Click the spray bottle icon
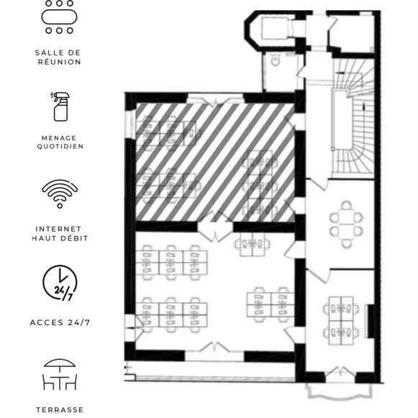[x=60, y=106]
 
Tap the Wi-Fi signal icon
[x=60, y=194]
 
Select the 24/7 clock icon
[x=60, y=283]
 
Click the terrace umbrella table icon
[x=60, y=374]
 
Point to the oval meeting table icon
[x=59, y=17]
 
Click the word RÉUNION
[x=60, y=62]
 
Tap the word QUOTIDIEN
[x=60, y=146]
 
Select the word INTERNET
[x=58, y=229]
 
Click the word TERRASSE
[x=60, y=410]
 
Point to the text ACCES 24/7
[x=60, y=322]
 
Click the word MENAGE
[x=59, y=138]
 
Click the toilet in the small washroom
[x=275, y=59]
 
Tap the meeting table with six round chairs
[x=346, y=224]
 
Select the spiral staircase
[x=353, y=117]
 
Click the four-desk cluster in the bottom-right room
[x=341, y=321]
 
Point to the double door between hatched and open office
[x=215, y=227]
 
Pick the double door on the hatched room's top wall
[x=215, y=99]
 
